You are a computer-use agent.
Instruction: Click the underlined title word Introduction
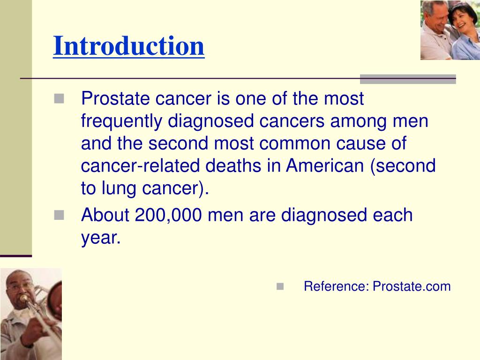(x=128, y=46)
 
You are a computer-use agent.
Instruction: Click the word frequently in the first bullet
(x=121, y=121)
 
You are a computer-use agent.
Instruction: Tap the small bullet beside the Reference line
(x=280, y=286)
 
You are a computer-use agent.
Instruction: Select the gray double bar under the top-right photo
(x=408, y=79)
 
